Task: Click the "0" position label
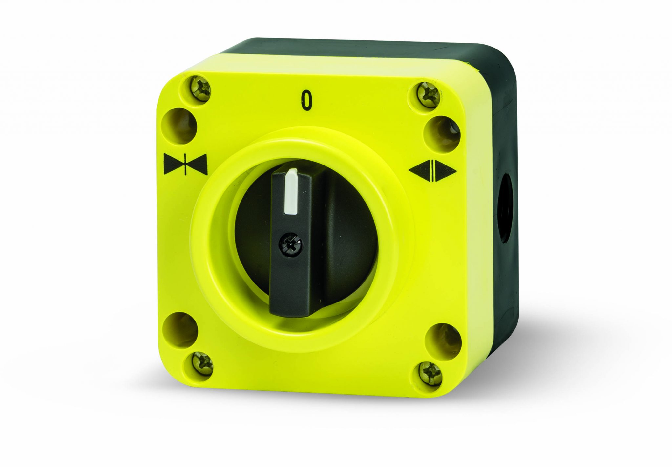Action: pos(306,100)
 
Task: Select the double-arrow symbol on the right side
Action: pos(432,170)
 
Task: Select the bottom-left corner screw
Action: pos(201,363)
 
